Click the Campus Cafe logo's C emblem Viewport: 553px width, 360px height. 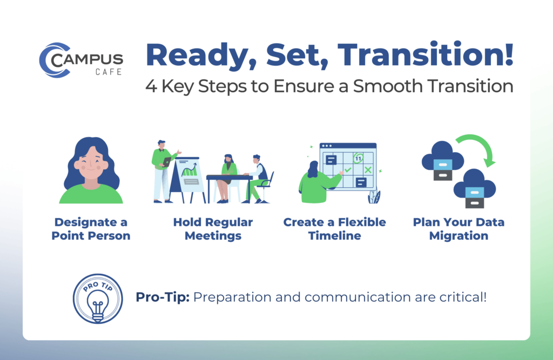52,60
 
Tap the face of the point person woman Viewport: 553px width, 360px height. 91,162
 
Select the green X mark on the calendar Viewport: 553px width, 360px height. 368,170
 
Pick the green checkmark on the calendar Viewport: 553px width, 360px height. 348,170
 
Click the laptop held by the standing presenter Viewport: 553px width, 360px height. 167,161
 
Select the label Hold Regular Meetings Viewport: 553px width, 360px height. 213,229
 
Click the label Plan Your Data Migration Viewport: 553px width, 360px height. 458,229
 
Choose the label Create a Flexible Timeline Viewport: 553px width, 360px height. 334,229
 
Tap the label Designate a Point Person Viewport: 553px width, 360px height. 91,229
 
